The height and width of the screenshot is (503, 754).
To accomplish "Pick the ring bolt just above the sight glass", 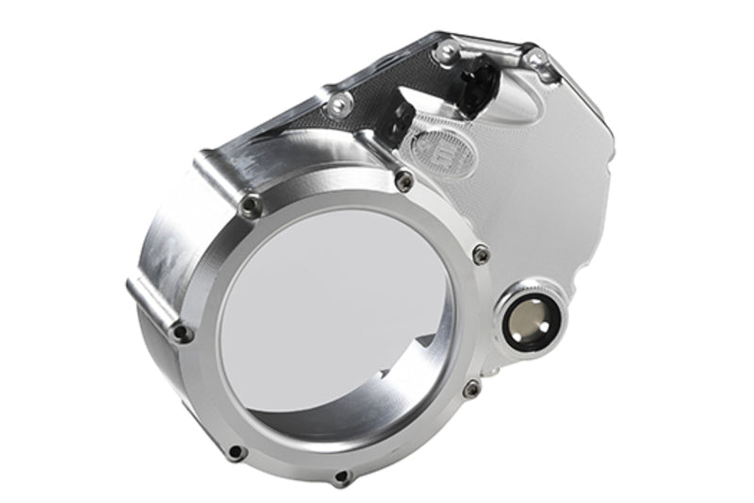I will point(481,253).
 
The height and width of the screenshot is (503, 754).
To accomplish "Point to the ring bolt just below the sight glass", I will point(472,387).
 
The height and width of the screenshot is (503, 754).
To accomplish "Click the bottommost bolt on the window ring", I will point(342,476).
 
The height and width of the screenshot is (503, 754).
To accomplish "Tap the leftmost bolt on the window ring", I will point(182,332).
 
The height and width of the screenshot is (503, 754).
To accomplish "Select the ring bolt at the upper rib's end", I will point(250,203).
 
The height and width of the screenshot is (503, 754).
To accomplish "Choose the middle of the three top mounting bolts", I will point(444,54).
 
